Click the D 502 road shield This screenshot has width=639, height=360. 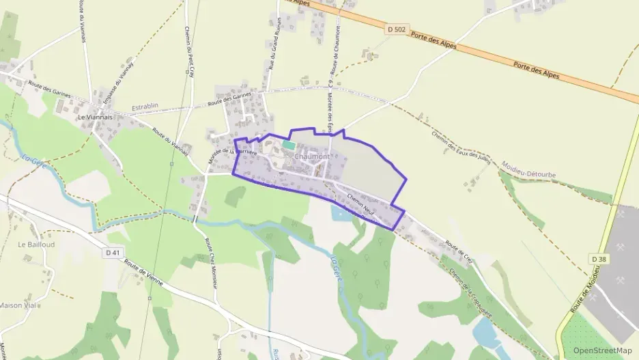(x=395, y=29)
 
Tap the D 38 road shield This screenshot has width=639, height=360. (x=598, y=259)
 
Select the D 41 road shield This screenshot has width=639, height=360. (x=115, y=253)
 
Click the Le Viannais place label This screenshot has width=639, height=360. (x=94, y=117)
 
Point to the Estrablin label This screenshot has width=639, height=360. (x=145, y=107)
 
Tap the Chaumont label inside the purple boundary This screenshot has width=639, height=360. (x=312, y=157)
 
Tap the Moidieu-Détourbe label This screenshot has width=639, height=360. (x=528, y=169)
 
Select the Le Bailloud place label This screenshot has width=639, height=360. (x=31, y=244)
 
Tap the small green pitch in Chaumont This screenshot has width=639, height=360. (x=289, y=145)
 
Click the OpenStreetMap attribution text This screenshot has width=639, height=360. (x=603, y=350)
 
